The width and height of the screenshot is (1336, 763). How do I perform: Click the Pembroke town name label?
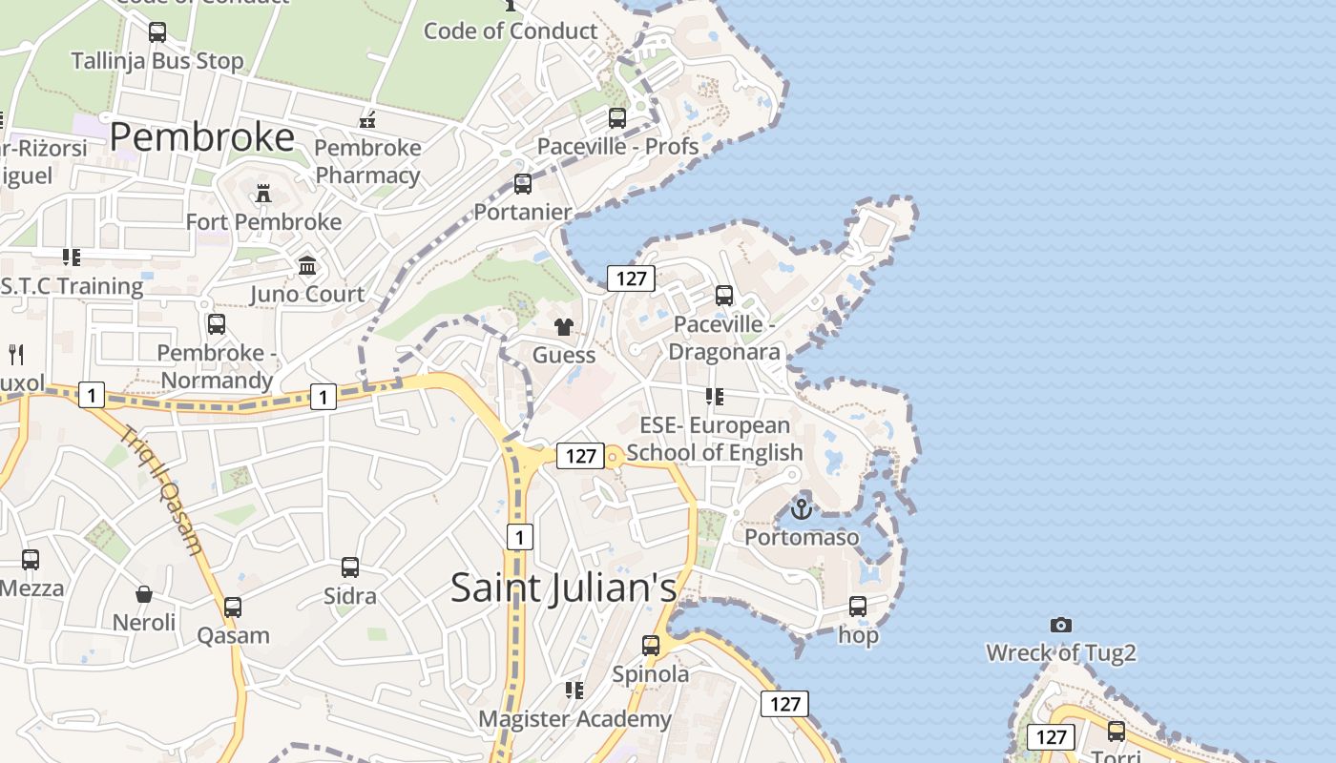[201, 138]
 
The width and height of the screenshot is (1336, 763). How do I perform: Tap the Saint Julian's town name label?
[563, 588]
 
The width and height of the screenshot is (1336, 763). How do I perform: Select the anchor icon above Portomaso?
[802, 509]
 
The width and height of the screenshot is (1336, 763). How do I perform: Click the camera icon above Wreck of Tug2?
[1060, 626]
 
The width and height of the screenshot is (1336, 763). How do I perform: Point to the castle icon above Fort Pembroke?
[263, 195]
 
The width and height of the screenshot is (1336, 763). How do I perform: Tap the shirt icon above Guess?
[564, 327]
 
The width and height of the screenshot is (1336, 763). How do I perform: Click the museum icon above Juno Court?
[307, 266]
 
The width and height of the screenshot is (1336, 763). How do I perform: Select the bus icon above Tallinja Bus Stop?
[157, 32]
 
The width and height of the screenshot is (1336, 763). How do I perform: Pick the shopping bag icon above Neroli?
[144, 595]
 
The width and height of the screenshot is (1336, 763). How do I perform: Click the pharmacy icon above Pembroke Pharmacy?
[367, 120]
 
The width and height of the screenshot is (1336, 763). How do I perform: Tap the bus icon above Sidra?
[350, 567]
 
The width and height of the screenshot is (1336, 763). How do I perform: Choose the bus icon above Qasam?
[233, 608]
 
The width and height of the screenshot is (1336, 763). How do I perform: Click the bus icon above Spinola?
[651, 646]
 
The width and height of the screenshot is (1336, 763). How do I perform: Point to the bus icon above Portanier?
[523, 184]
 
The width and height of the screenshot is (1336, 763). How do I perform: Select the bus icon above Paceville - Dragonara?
[724, 296]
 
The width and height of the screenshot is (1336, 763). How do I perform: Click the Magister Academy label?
[574, 719]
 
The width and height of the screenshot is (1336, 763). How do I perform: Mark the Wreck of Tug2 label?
[1060, 653]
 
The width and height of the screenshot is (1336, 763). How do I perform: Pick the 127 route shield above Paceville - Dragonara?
[631, 278]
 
